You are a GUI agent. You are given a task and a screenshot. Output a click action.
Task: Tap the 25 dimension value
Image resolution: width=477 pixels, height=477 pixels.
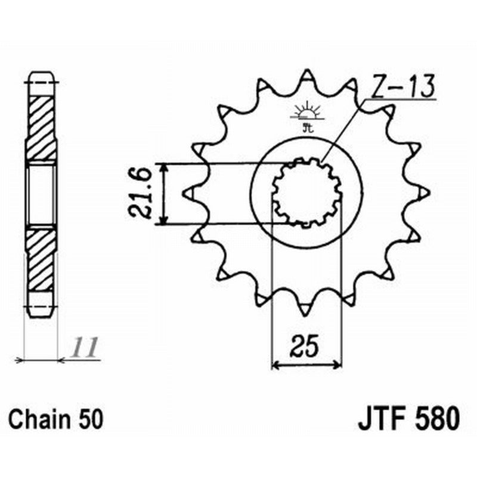click(306, 346)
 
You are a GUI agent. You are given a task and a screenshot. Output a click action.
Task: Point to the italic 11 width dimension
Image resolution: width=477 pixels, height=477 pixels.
click(83, 347)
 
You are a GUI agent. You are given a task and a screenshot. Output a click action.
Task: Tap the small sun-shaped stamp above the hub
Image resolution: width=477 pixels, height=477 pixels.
click(307, 113)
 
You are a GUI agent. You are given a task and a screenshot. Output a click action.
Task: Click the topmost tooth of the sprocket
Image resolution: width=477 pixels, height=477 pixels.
click(306, 76)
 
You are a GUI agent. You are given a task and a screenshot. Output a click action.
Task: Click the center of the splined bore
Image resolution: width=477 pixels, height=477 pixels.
click(306, 193)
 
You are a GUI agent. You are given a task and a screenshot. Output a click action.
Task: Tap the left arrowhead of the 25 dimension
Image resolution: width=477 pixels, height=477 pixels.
click(275, 363)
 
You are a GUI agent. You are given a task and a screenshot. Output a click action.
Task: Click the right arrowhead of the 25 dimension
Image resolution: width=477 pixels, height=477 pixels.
click(338, 363)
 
